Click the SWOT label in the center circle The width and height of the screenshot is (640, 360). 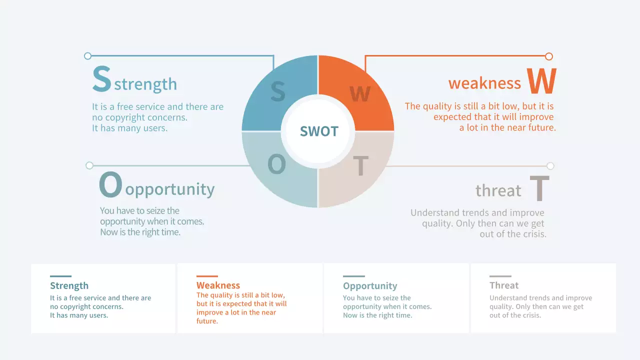[319, 131]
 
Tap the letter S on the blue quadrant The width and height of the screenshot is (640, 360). [277, 92]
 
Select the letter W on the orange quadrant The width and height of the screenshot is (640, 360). [359, 93]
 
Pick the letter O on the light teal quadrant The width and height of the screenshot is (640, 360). [276, 164]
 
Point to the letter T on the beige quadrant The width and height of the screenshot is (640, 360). [360, 166]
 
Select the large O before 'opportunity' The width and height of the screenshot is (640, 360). [110, 184]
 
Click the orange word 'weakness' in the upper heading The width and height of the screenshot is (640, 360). [484, 83]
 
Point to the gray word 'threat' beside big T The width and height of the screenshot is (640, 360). [498, 190]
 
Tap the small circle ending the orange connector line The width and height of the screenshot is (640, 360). [549, 56]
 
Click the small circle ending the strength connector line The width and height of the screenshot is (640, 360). [88, 56]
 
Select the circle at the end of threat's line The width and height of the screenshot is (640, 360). [550, 166]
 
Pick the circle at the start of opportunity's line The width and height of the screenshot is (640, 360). [89, 165]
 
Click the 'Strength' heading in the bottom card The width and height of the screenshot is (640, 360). [69, 286]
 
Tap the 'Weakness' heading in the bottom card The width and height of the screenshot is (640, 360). [218, 285]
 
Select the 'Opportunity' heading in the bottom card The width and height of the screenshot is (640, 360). [370, 286]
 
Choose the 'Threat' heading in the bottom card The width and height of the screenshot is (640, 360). [504, 285]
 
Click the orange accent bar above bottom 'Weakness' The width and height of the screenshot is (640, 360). [207, 276]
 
